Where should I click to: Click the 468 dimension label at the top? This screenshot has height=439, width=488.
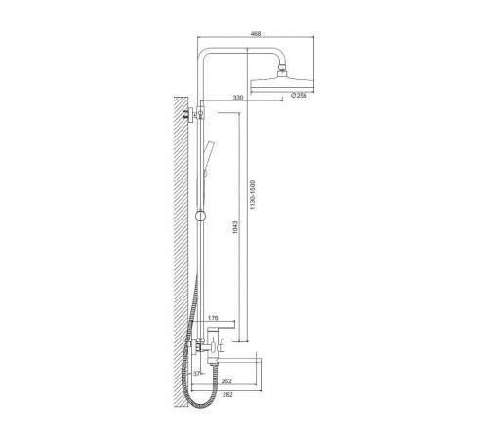click(256, 33)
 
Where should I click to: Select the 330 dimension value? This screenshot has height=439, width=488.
click(238, 98)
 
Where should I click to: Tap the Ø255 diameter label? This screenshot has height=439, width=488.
click(299, 96)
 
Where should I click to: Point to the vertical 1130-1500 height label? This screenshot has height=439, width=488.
click(253, 195)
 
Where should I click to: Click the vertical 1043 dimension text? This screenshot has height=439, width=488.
click(236, 227)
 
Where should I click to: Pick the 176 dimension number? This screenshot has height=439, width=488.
click(213, 318)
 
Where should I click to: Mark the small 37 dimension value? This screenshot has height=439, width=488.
click(197, 374)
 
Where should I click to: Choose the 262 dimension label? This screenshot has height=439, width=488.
click(226, 381)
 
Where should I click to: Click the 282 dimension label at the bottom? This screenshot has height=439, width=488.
click(227, 395)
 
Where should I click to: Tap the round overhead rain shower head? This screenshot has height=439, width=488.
click(282, 84)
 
